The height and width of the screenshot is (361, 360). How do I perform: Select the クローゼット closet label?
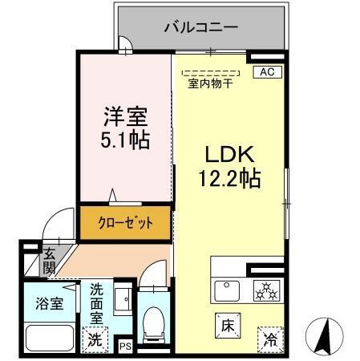tap(125, 223)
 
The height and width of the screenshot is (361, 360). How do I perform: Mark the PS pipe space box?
tap(124, 346)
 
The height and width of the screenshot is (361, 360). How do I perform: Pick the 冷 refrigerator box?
tap(272, 339)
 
